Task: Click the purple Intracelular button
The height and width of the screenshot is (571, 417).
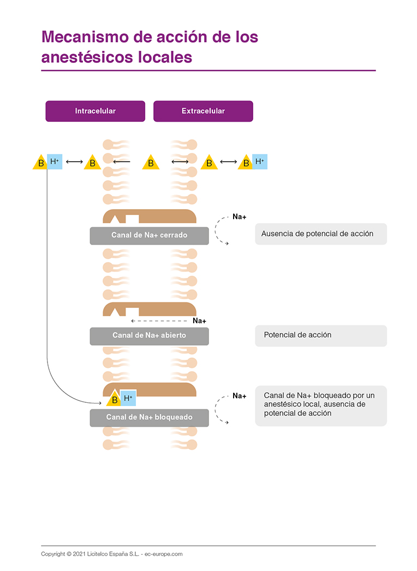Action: [95, 111]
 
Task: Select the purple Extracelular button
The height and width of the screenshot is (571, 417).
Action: [203, 111]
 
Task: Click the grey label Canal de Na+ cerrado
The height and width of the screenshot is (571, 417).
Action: [149, 235]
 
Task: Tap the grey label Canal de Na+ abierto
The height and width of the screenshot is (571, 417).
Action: [149, 335]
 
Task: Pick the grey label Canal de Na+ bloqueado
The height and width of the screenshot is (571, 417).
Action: [149, 417]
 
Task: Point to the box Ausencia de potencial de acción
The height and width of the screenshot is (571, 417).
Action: [320, 234]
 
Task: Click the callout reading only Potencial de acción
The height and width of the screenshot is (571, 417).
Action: [320, 335]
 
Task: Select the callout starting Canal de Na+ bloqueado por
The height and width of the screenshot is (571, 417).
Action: [320, 405]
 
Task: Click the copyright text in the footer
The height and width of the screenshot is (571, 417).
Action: [111, 554]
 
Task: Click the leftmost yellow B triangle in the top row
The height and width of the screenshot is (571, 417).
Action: [40, 163]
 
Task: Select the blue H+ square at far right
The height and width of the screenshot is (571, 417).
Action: [260, 162]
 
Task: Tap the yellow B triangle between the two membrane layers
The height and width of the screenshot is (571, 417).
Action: [151, 163]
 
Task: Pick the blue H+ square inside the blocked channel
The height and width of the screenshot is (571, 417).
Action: [128, 398]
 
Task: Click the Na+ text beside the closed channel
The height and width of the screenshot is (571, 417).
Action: [239, 217]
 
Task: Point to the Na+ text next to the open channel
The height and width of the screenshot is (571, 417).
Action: [199, 320]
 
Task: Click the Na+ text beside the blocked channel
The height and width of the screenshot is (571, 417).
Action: [239, 396]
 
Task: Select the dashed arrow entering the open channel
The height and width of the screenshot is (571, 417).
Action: [161, 321]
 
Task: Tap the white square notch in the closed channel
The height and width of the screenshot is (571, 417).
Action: [132, 219]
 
